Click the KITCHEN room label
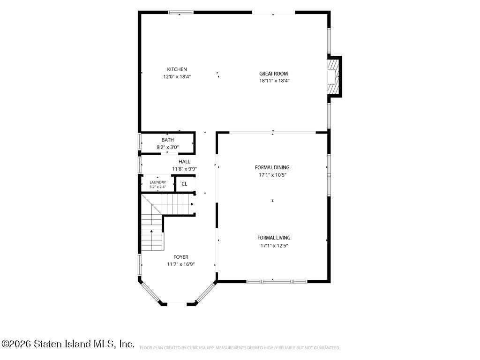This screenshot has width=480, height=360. pos(177,69)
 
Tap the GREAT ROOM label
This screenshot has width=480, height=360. pos(273,74)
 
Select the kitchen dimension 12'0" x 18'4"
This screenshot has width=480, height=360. pos(177,77)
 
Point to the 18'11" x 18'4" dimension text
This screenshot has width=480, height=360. pos(274,81)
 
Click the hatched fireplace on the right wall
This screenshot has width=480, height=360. pos(333,76)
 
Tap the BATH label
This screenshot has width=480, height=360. pos(167,140)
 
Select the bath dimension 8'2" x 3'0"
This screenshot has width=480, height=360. pos(168,147)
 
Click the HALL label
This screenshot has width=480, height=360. pos(184,162)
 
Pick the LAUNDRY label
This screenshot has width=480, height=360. pos(157,182)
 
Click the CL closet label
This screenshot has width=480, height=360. pos(184,184)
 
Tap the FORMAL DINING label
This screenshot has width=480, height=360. pos(272,167)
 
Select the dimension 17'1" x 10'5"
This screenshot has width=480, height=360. pos(272,175)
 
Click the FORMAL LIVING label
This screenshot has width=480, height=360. pos(274,238)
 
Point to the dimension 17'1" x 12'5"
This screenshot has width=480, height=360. pos(274,246)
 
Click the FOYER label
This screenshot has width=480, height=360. pos(180,257)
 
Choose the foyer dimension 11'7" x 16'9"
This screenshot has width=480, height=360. pos(181,264)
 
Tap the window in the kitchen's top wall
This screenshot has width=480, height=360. pos(181,13)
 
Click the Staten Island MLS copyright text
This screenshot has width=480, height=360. pos(67,344)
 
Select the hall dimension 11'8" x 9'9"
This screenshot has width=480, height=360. pos(184,169)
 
